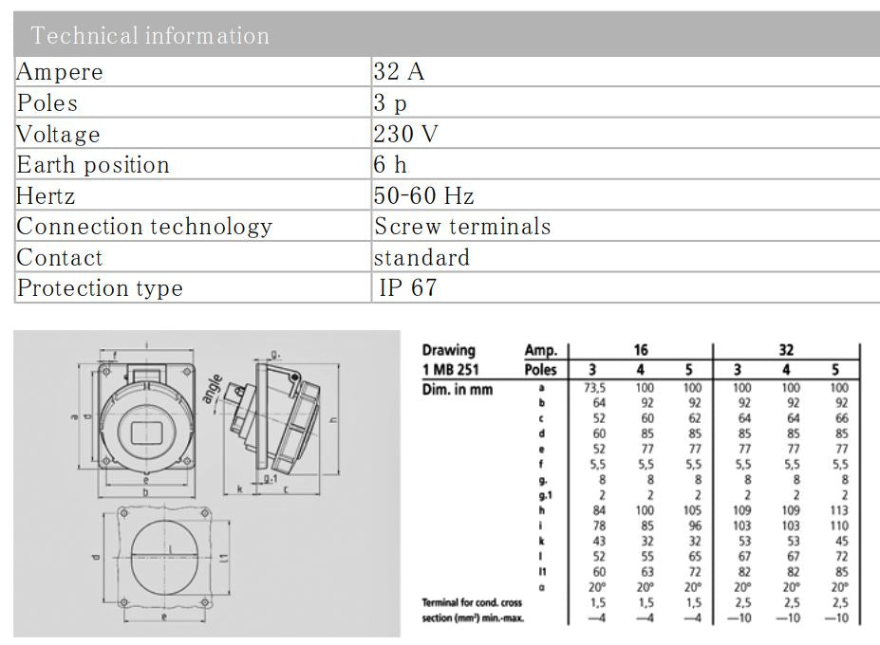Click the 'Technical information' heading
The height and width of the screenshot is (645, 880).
150,36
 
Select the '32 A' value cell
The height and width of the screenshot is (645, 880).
399,72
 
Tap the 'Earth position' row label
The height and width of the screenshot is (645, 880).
93,165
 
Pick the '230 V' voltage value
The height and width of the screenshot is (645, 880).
405,134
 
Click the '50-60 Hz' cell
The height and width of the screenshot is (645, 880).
423,196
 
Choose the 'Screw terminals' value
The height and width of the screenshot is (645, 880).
462,227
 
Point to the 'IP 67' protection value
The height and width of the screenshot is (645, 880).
408,288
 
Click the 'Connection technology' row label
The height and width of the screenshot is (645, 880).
144,227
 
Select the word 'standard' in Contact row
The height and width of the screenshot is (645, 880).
421,258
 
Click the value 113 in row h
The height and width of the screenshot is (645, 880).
838,509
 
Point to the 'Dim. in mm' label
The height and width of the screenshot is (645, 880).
458,389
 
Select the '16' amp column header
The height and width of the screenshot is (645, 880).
640,350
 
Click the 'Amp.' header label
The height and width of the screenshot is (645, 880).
541,350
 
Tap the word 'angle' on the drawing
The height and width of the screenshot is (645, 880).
213,386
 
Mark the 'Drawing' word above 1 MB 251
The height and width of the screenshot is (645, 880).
448,350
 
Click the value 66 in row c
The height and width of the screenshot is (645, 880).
838,418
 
